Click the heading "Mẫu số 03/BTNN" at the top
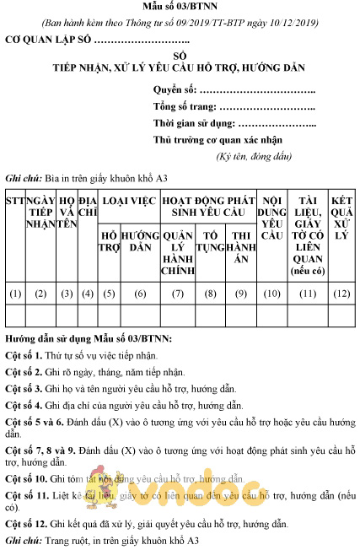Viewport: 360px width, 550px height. tap(180, 8)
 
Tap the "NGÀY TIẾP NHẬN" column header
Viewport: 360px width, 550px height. tap(40, 211)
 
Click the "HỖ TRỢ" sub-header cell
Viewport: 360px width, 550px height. tap(110, 241)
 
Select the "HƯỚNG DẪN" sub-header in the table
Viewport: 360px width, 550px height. tap(140, 241)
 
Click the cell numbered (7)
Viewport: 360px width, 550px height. tap(178, 294)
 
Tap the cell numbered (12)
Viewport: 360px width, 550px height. tap(341, 294)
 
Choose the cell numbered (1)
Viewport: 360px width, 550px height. tap(14, 294)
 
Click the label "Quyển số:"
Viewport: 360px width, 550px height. tap(174, 89)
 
